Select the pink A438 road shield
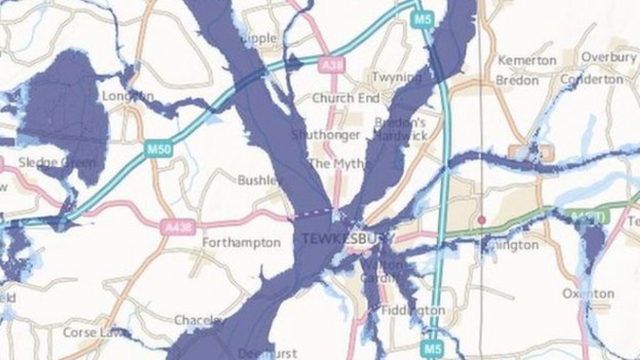coord(174,227)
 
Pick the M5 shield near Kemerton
coord(422,19)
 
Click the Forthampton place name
coord(241,243)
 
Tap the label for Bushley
coord(260,181)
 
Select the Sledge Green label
coord(57,163)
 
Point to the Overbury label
coord(608,57)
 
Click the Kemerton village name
coord(526,61)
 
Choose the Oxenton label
coord(588,294)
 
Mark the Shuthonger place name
coord(325,135)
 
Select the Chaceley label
coord(199,321)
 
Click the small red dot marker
coord(481,220)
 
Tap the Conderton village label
coord(591,80)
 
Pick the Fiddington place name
coord(413,311)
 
